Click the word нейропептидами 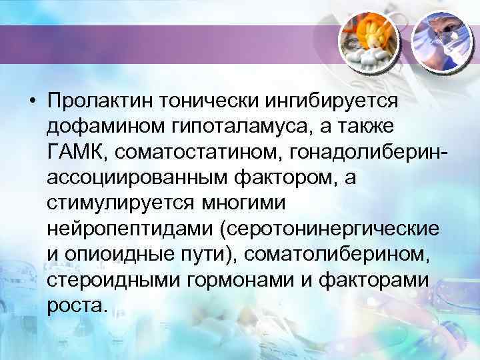pyautogui.click(x=125, y=229)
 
